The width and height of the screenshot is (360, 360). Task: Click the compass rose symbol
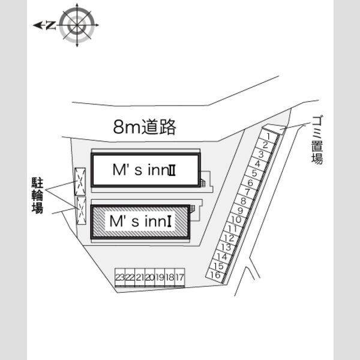pyautogui.click(x=77, y=25)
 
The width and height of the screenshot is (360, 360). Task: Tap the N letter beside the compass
pyautogui.click(x=51, y=25)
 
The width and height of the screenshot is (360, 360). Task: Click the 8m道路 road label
pyautogui.click(x=145, y=127)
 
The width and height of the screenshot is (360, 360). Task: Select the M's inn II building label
pyautogui.click(x=144, y=170)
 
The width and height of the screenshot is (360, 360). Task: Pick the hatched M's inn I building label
pyautogui.click(x=140, y=221)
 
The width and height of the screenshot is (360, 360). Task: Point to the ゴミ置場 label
pyautogui.click(x=317, y=140)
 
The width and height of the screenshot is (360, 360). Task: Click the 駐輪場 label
pyautogui.click(x=37, y=195)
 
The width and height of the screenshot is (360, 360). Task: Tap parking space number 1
pyautogui.click(x=268, y=137)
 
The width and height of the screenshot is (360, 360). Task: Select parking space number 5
pyautogui.click(x=254, y=173)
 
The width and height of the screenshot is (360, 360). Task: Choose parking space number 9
pyautogui.click(x=240, y=211)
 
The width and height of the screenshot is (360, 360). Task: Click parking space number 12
pyautogui.click(x=229, y=238)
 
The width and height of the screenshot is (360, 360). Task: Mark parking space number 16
pyautogui.click(x=215, y=275)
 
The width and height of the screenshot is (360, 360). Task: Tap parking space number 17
pyautogui.click(x=180, y=277)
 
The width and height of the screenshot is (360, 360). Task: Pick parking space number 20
pyautogui.click(x=150, y=277)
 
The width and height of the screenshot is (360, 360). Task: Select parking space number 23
pyautogui.click(x=120, y=277)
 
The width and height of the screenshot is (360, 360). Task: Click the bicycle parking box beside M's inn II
pyautogui.click(x=80, y=182)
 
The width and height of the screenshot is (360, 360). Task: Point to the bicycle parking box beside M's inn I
pyautogui.click(x=81, y=211)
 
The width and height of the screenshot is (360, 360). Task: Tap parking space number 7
pyautogui.click(x=247, y=192)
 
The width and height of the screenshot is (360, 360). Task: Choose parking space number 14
pyautogui.click(x=222, y=256)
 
